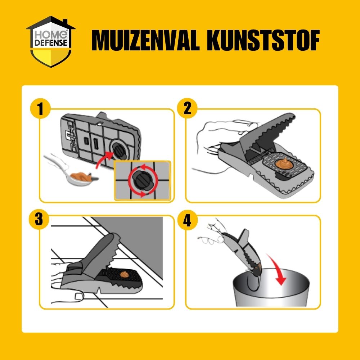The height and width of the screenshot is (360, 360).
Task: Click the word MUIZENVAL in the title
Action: pyautogui.click(x=145, y=40)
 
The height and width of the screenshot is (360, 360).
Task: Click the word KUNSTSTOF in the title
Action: pyautogui.click(x=263, y=40)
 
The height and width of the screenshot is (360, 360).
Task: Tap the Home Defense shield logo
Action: pyautogui.click(x=51, y=42)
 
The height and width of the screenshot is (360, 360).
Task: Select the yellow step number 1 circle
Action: pyautogui.click(x=40, y=108)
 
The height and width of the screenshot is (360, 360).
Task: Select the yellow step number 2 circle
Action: pyautogui.click(x=187, y=108)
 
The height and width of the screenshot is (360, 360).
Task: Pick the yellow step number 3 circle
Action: pyautogui.click(x=39, y=219)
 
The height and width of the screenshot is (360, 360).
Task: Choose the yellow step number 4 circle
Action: pyautogui.click(x=187, y=220)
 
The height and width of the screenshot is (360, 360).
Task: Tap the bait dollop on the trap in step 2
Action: pyautogui.click(x=283, y=163)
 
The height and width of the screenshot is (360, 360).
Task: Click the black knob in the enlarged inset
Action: pyautogui.click(x=143, y=180)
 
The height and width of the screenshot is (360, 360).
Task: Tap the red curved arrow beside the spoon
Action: pyautogui.click(x=104, y=159)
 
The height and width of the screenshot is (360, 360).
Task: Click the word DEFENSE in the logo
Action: pyautogui.click(x=51, y=43)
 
